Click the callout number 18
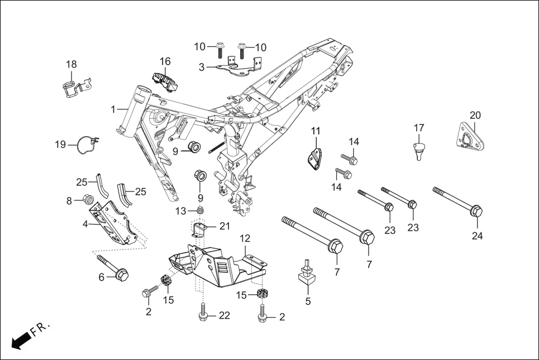(x=71, y=65)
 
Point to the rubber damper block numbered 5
(x=306, y=276)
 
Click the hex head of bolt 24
(x=476, y=212)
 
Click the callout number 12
(x=245, y=239)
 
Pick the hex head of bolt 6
(x=122, y=274)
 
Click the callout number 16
(x=165, y=61)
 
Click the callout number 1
(x=113, y=109)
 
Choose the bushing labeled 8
(x=87, y=198)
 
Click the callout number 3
(x=202, y=67)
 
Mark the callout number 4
(x=85, y=224)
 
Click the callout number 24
(x=476, y=236)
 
